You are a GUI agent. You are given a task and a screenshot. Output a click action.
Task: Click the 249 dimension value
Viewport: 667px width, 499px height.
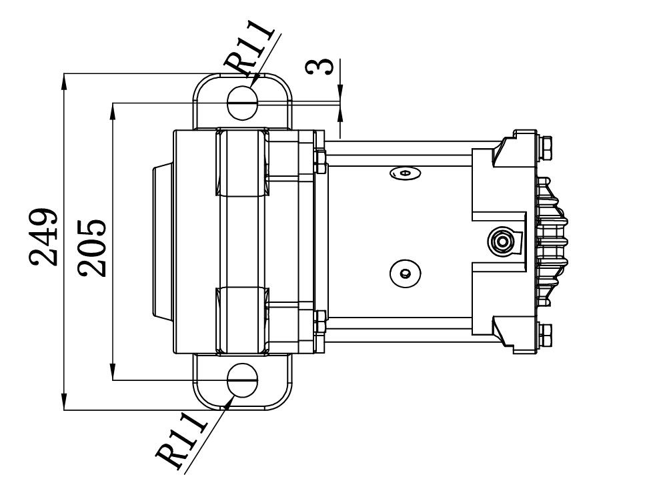pos(43,237)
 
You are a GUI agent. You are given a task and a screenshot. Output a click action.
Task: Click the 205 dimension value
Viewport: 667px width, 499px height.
pos(91,248)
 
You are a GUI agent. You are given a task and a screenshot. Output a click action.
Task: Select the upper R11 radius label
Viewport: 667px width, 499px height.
pos(249,47)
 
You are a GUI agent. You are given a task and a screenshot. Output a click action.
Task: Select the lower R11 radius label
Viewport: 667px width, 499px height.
pos(181,440)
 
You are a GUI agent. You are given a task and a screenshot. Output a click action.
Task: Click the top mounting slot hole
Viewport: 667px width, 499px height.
pos(243,102)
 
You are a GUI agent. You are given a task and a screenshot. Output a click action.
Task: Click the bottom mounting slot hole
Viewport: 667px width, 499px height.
pos(243,380)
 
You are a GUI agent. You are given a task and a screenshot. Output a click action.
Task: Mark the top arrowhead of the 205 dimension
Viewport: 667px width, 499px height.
pos(113,111)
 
